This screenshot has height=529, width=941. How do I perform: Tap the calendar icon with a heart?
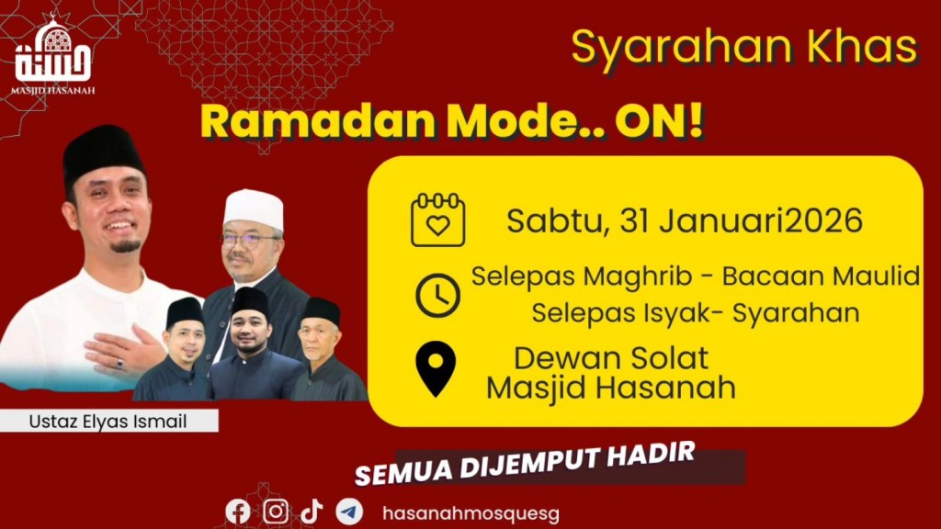(437, 220)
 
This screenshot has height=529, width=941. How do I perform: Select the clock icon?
(437, 295)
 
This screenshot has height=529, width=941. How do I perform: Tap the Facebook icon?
(238, 512)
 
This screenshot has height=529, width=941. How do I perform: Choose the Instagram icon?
(276, 512)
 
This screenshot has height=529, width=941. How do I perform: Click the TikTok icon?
(312, 512)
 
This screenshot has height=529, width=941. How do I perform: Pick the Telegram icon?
(349, 512)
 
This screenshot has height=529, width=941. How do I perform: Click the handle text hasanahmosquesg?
(470, 512)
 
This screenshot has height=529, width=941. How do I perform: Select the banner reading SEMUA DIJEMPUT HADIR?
(524, 467)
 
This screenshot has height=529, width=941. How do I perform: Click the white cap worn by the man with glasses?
(253, 208)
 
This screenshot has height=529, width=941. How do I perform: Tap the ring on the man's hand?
(119, 365)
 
